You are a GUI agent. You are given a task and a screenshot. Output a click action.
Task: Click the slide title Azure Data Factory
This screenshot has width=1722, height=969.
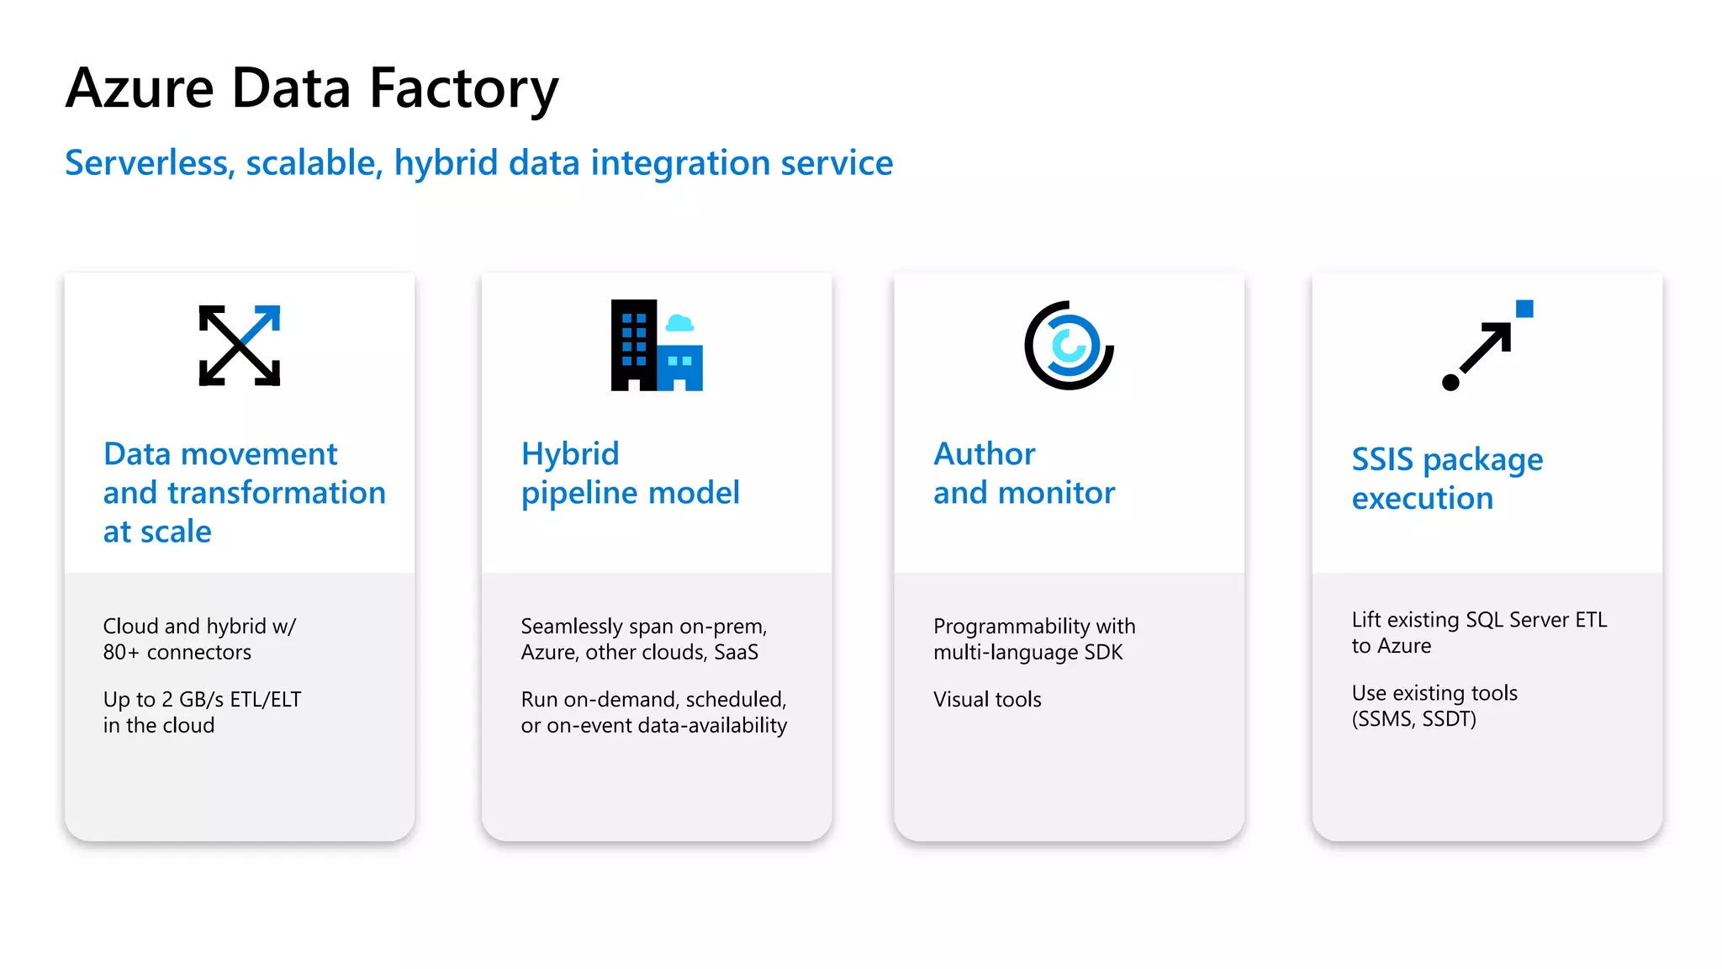pos(312,89)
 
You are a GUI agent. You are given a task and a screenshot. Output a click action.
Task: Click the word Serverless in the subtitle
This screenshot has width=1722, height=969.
pos(148,163)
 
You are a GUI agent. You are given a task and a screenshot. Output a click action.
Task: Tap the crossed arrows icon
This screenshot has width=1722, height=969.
pos(240,346)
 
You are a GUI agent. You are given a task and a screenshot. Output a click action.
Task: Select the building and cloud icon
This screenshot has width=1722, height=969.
pos(656,346)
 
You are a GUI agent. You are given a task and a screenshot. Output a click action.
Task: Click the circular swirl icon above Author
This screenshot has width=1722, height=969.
pos(1069,346)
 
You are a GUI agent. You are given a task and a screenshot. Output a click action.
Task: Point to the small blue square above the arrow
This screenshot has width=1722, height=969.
pos(1524,309)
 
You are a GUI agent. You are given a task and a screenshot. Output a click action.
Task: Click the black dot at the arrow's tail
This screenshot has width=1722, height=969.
pos(1450,383)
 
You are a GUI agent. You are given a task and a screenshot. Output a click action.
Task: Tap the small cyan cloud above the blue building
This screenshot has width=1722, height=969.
pos(679,323)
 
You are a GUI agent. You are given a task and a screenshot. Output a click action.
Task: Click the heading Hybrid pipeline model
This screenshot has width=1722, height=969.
pos(630,474)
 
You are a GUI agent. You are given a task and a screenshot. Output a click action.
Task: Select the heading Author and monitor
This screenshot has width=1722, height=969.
pos(1023,474)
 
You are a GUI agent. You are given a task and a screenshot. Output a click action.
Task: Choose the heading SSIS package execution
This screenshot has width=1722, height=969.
pos(1446,479)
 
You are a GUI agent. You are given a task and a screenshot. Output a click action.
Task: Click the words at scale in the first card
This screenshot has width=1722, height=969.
pos(157,532)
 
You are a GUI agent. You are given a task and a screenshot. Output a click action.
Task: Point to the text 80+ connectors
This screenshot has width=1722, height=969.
pos(177,653)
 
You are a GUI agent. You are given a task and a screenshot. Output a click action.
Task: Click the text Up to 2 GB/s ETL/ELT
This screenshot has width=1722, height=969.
pos(202,700)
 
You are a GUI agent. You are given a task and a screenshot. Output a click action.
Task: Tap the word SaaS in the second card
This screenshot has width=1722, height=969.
pos(736,653)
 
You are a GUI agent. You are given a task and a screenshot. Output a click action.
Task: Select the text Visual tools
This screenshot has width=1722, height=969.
pos(987,700)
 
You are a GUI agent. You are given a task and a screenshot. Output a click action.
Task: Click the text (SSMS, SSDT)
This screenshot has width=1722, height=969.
pos(1413,719)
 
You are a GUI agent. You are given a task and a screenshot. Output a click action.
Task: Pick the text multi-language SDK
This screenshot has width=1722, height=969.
pos(1027,653)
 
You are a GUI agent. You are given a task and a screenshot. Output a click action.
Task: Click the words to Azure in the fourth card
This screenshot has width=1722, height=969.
pos(1391,646)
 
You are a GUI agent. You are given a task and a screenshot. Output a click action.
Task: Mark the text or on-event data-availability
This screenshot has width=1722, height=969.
pos(653,726)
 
